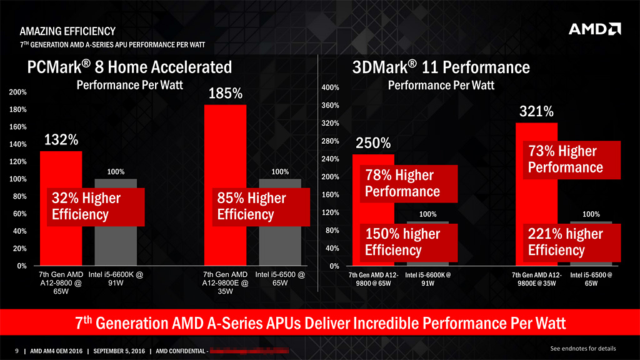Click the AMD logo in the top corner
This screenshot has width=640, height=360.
[594, 29]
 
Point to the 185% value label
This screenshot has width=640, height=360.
[225, 94]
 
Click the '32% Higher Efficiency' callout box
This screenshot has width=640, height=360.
[97, 207]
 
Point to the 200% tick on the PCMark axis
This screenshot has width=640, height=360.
[18, 92]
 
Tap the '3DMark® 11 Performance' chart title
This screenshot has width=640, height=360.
[441, 67]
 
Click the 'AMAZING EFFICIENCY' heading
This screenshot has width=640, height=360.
[67, 31]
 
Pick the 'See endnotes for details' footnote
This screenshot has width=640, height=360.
[582, 348]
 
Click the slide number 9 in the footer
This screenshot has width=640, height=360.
[17, 351]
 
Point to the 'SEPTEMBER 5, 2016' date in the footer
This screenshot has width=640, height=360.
[119, 351]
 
